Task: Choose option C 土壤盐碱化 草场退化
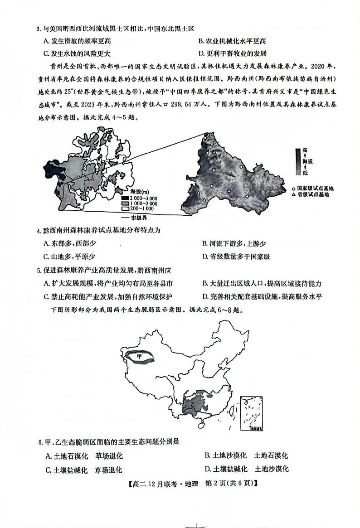pyautogui.click(x=84, y=470)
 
